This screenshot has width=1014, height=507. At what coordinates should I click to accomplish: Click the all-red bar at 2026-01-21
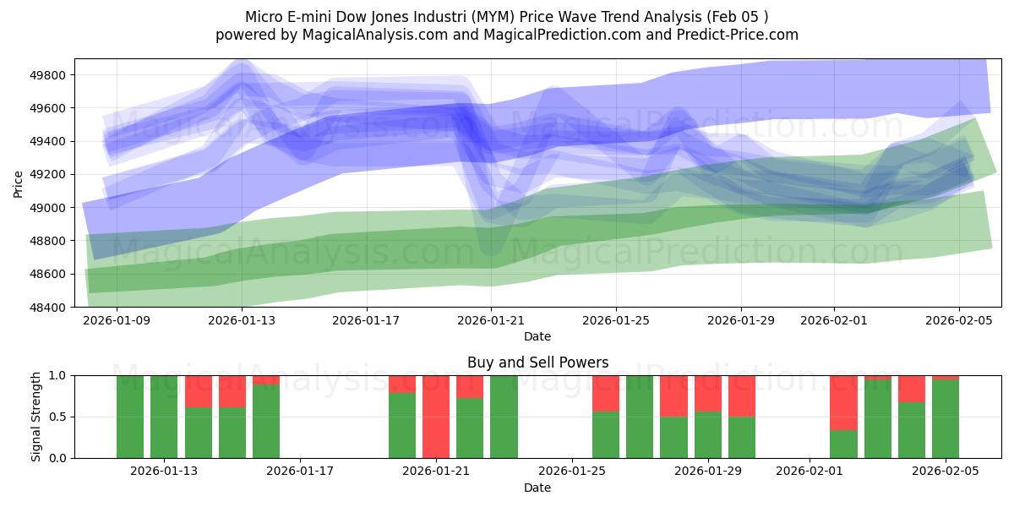[436, 417]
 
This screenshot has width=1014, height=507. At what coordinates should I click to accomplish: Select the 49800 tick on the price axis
[50, 75]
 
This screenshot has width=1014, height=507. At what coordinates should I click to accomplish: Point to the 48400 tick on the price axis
[50, 307]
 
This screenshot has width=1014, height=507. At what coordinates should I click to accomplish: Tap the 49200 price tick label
[50, 175]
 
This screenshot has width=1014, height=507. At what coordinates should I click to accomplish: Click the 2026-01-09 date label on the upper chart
[117, 321]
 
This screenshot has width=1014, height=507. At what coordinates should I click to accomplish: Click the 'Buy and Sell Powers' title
[537, 363]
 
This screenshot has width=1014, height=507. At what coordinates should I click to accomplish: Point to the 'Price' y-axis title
[19, 183]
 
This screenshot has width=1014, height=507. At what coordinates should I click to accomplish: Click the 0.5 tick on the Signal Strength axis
[57, 417]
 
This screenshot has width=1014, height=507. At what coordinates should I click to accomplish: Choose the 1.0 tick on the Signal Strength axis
[57, 375]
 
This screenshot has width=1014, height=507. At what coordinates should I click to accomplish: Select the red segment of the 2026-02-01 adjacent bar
[843, 402]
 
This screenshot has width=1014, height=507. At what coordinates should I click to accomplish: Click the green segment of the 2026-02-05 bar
[946, 419]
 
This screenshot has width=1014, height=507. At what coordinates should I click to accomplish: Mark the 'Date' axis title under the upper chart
[537, 336]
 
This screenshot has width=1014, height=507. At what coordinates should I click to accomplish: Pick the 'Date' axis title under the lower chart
[537, 488]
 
